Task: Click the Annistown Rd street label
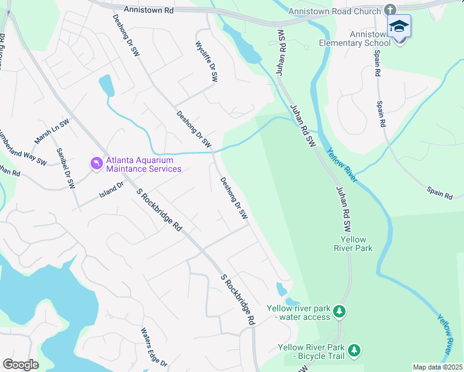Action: (148, 10)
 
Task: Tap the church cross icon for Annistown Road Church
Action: (390, 11)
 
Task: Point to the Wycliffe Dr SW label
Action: (207, 63)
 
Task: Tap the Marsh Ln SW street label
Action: (51, 131)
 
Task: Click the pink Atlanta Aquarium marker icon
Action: (96, 164)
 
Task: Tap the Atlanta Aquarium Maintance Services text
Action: (143, 164)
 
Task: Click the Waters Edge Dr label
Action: (153, 347)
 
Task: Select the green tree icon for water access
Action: (339, 310)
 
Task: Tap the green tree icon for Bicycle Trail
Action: (354, 351)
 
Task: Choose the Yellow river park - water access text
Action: (298, 312)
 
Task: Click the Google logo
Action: (20, 365)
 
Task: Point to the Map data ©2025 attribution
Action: (437, 367)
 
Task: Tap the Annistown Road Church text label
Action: (334, 11)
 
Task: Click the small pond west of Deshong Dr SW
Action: (106, 86)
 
